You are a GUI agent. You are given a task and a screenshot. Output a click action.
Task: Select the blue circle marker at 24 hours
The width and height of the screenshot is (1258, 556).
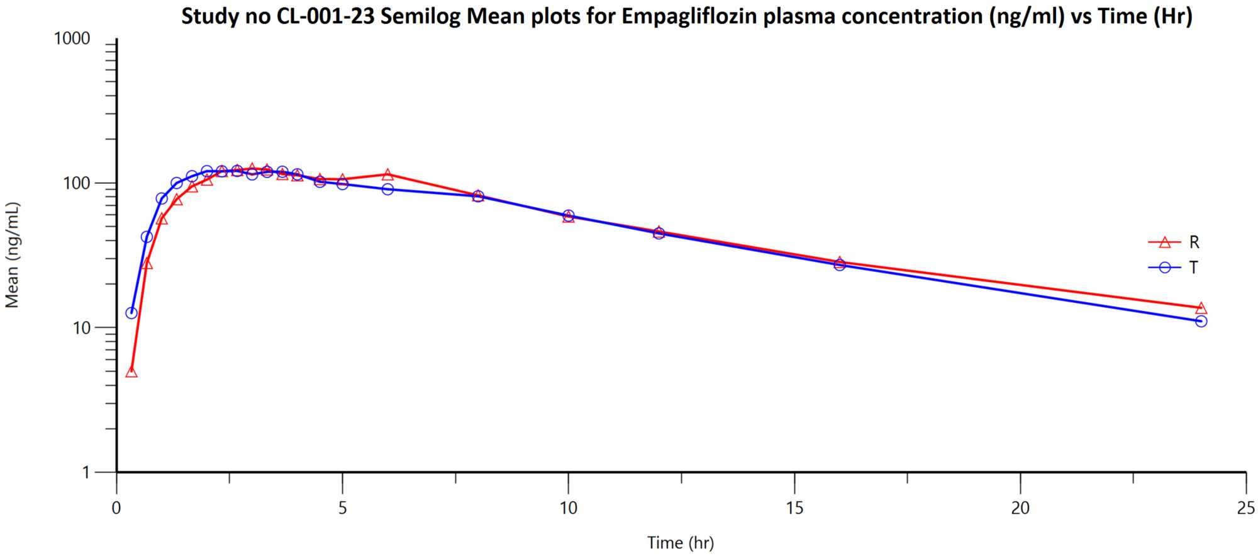click(x=1201, y=321)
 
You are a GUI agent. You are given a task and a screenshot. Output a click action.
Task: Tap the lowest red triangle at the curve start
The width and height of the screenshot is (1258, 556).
click(x=131, y=372)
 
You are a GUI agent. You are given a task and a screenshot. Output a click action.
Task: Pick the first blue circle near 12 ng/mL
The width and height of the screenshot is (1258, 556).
click(x=131, y=313)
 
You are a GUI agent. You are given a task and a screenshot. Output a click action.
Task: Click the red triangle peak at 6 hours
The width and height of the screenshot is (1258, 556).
click(x=387, y=174)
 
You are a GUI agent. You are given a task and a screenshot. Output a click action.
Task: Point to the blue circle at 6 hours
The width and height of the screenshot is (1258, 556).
click(x=387, y=189)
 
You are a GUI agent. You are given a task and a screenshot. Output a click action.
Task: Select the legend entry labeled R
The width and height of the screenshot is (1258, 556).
click(x=1193, y=242)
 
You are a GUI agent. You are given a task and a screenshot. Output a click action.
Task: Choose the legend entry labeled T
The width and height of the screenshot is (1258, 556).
click(x=1193, y=268)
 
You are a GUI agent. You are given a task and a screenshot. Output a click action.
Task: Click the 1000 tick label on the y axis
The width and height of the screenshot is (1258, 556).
click(x=72, y=39)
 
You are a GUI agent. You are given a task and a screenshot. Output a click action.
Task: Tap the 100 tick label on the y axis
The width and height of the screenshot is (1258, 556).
click(x=76, y=183)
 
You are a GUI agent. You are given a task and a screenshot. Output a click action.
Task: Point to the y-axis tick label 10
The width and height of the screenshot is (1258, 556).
click(x=81, y=328)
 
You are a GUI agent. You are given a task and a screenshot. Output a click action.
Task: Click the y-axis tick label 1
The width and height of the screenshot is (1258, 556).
click(x=86, y=472)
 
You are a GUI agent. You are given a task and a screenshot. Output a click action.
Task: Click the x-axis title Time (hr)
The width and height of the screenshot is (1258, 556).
click(x=681, y=543)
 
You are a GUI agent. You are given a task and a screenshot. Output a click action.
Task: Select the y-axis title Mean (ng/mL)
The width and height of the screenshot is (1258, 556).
click(x=13, y=255)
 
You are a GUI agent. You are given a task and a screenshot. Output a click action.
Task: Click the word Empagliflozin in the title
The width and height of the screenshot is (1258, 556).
click(x=690, y=16)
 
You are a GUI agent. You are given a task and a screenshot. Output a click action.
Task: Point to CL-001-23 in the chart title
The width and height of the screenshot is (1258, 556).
click(x=325, y=16)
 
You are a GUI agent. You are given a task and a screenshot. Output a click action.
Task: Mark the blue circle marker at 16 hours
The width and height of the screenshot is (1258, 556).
click(x=840, y=265)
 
